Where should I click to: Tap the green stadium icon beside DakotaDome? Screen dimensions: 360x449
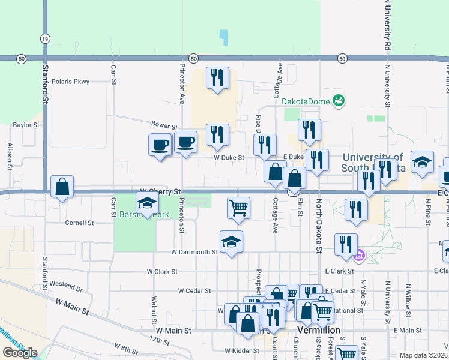tap(339, 100)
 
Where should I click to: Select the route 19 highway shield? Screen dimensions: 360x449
tap(45, 38)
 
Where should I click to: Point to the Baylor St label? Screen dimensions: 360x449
tap(26, 125)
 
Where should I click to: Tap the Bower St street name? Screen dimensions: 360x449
tap(164, 127)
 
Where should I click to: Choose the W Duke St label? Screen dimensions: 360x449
tap(229, 158)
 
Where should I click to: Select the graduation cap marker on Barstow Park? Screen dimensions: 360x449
tap(147, 203)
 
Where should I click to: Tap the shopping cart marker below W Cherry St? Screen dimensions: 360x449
tap(238, 208)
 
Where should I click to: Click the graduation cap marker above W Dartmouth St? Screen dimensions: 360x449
tap(231, 242)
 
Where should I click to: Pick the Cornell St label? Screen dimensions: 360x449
tap(80, 223)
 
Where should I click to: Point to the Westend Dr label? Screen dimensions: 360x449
tap(66, 283)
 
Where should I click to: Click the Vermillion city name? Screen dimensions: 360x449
tap(319, 331)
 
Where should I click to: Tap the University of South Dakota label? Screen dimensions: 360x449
tap(372, 163)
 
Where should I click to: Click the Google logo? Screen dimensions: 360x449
tap(20, 353)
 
